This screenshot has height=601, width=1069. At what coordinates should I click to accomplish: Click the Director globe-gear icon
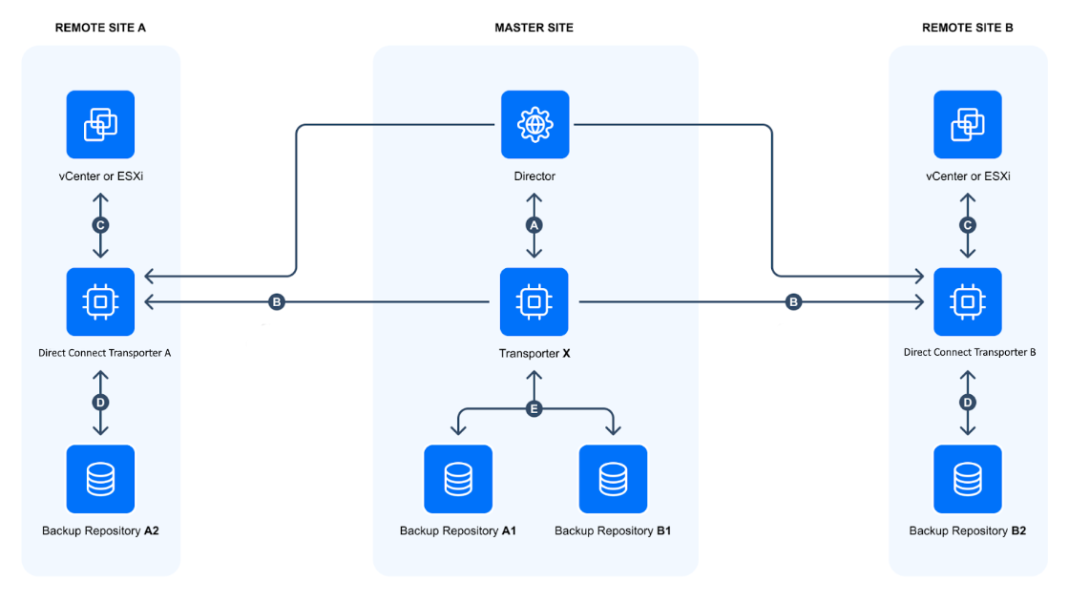click(x=534, y=124)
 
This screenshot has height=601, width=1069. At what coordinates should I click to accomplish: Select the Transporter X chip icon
click(x=534, y=301)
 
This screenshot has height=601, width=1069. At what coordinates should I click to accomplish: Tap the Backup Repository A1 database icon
click(x=458, y=479)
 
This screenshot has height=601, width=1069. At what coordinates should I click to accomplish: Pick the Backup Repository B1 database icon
click(x=613, y=479)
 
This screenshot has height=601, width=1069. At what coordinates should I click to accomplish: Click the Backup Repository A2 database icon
click(x=100, y=479)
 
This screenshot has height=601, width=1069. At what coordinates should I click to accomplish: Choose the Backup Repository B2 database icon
click(x=968, y=479)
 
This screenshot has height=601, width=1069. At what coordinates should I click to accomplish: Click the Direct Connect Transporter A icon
click(x=100, y=301)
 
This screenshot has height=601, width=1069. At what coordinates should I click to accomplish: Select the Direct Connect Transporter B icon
click(x=968, y=301)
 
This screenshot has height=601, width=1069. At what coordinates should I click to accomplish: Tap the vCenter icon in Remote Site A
click(x=100, y=124)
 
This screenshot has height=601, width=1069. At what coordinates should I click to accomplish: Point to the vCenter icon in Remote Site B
click(x=968, y=124)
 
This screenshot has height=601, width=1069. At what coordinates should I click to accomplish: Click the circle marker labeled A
click(x=534, y=225)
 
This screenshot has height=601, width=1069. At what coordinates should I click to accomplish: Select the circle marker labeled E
click(x=534, y=408)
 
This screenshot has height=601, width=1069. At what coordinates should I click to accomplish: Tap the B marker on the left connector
click(x=277, y=301)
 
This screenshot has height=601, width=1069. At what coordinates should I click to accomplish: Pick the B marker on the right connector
click(x=793, y=301)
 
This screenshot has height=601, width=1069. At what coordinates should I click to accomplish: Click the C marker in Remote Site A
click(x=100, y=225)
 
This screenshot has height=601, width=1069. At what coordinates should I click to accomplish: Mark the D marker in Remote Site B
click(x=968, y=403)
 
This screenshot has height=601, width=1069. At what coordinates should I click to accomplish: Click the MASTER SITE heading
click(x=534, y=28)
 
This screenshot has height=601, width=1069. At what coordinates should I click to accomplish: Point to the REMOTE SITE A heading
click(x=100, y=28)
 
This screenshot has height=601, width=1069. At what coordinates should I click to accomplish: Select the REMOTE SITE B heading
click(x=968, y=28)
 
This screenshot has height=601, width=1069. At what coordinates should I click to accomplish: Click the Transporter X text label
click(x=534, y=353)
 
